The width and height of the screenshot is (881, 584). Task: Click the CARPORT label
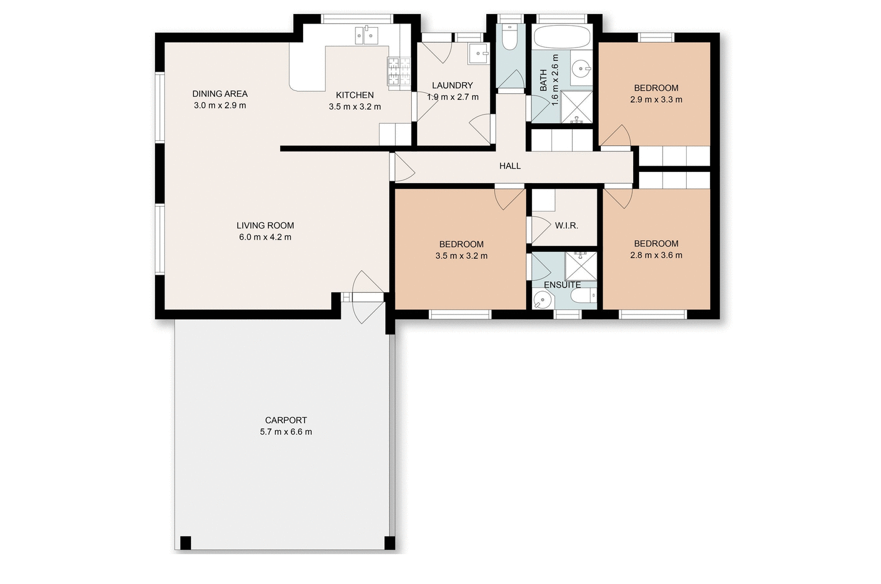[x=285, y=420]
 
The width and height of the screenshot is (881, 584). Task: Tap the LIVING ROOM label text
[x=265, y=225]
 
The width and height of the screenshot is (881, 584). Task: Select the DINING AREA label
[x=220, y=94]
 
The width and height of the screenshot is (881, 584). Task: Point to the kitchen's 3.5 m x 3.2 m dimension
[x=355, y=107]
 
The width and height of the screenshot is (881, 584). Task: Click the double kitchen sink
[x=366, y=35]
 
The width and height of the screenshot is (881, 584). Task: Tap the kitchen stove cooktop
[x=399, y=72]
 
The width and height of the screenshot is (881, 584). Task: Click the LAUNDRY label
[x=452, y=86]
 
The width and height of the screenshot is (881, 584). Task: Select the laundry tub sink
[x=479, y=53]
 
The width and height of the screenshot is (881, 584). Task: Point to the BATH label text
[x=543, y=80]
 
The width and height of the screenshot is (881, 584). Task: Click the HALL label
[x=510, y=166]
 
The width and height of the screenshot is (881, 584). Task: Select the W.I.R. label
[x=566, y=225]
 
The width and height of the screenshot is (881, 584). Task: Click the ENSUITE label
[x=562, y=285]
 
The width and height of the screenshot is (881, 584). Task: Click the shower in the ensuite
[x=580, y=266]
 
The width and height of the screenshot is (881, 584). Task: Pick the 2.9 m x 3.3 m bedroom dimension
[x=656, y=100]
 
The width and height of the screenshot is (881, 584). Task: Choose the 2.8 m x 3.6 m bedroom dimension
[x=656, y=255]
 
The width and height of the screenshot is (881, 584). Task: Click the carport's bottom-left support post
[x=186, y=543]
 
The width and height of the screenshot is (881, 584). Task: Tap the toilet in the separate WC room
[x=509, y=38]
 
